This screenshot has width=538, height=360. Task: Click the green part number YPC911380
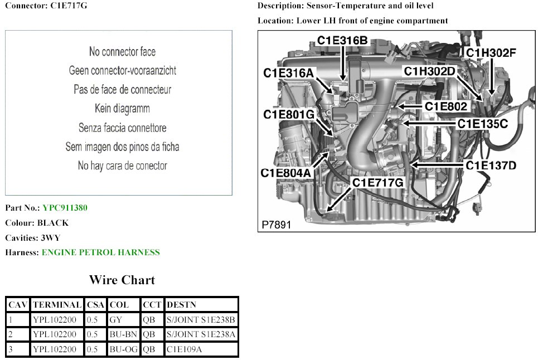pyautogui.click(x=65, y=208)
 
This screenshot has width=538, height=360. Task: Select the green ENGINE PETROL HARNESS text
pyautogui.click(x=100, y=252)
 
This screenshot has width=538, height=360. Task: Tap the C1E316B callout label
pyautogui.click(x=342, y=40)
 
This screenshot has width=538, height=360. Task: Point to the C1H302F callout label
pyautogui.click(x=491, y=53)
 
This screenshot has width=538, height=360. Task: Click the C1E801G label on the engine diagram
pyautogui.click(x=289, y=114)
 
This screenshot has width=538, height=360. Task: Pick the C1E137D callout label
pyautogui.click(x=491, y=166)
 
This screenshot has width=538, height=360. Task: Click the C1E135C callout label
pyautogui.click(x=483, y=124)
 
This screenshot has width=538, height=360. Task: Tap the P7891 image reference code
pyautogui.click(x=276, y=225)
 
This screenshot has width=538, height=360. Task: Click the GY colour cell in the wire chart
pyautogui.click(x=116, y=320)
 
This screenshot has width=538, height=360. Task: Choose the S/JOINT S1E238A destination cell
pyautogui.click(x=201, y=335)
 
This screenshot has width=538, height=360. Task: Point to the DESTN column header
pyautogui.click(x=181, y=305)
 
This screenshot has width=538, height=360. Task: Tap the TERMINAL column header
pyautogui.click(x=57, y=305)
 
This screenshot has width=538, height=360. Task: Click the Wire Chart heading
pyautogui.click(x=122, y=280)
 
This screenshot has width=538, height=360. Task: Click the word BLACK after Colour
pyautogui.click(x=53, y=223)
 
